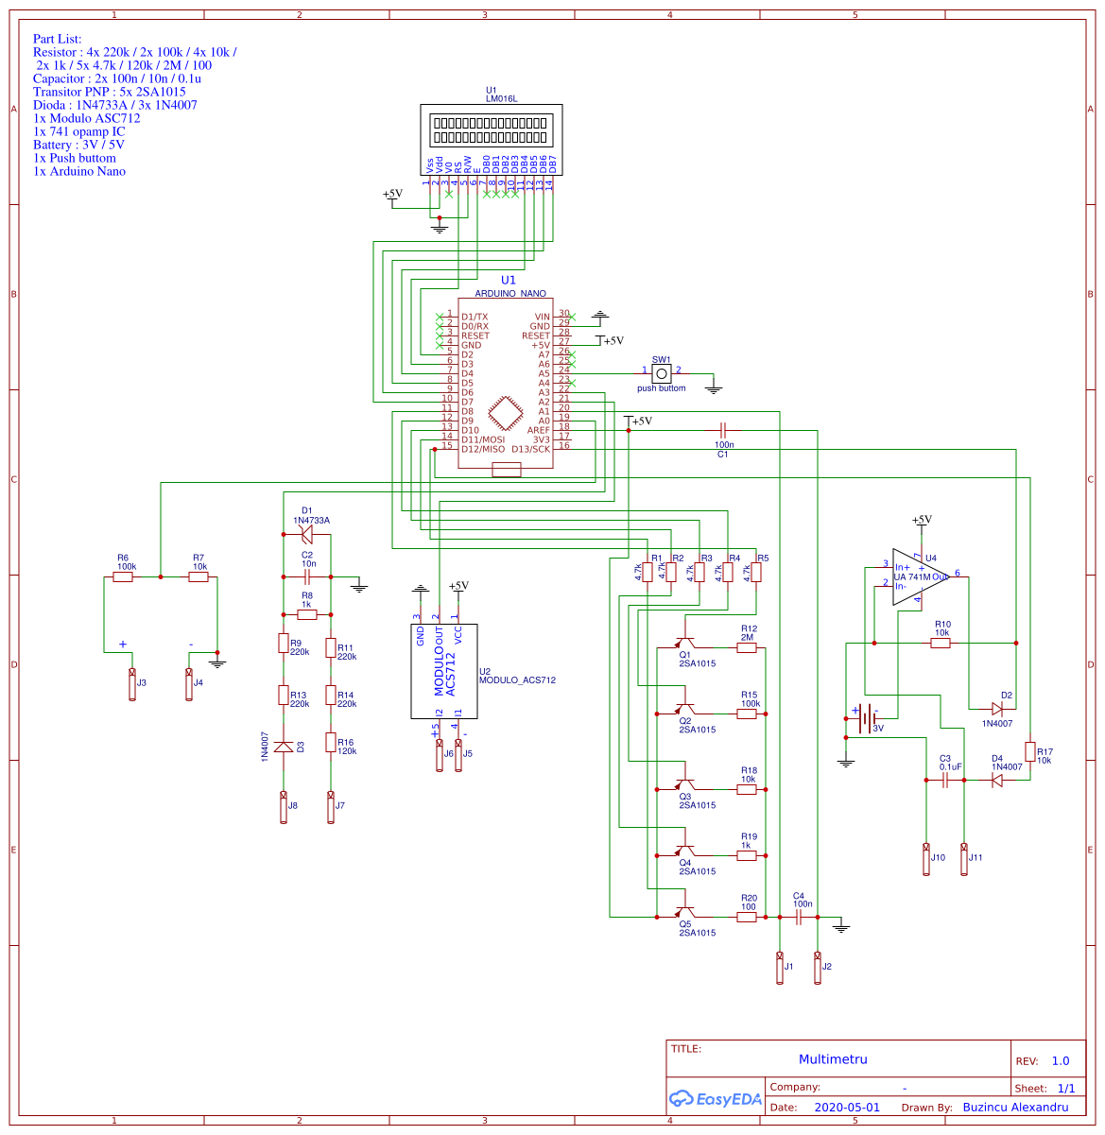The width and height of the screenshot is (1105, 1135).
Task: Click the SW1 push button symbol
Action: tap(662, 374)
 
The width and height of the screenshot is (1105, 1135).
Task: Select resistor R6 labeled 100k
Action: tap(123, 576)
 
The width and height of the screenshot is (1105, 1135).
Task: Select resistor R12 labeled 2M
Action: tap(747, 648)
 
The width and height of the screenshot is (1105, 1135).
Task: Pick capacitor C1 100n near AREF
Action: tap(723, 431)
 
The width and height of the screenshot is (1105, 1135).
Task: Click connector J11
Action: tap(964, 859)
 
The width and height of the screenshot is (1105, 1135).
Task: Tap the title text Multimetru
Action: tap(833, 1059)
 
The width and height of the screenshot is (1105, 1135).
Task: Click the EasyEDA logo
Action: tap(715, 1098)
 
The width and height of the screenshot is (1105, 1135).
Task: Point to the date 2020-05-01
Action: tap(847, 1108)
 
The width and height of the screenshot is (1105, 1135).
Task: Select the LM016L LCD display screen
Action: tap(491, 129)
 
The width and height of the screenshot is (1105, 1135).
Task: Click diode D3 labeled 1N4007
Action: tap(283, 747)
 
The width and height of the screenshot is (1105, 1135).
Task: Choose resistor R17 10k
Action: tap(1029, 751)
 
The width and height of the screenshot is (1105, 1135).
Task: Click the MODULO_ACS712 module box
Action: tap(443, 671)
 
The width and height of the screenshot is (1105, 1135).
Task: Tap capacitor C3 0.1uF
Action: tap(944, 781)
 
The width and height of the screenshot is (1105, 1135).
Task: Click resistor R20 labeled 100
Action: tap(747, 917)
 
